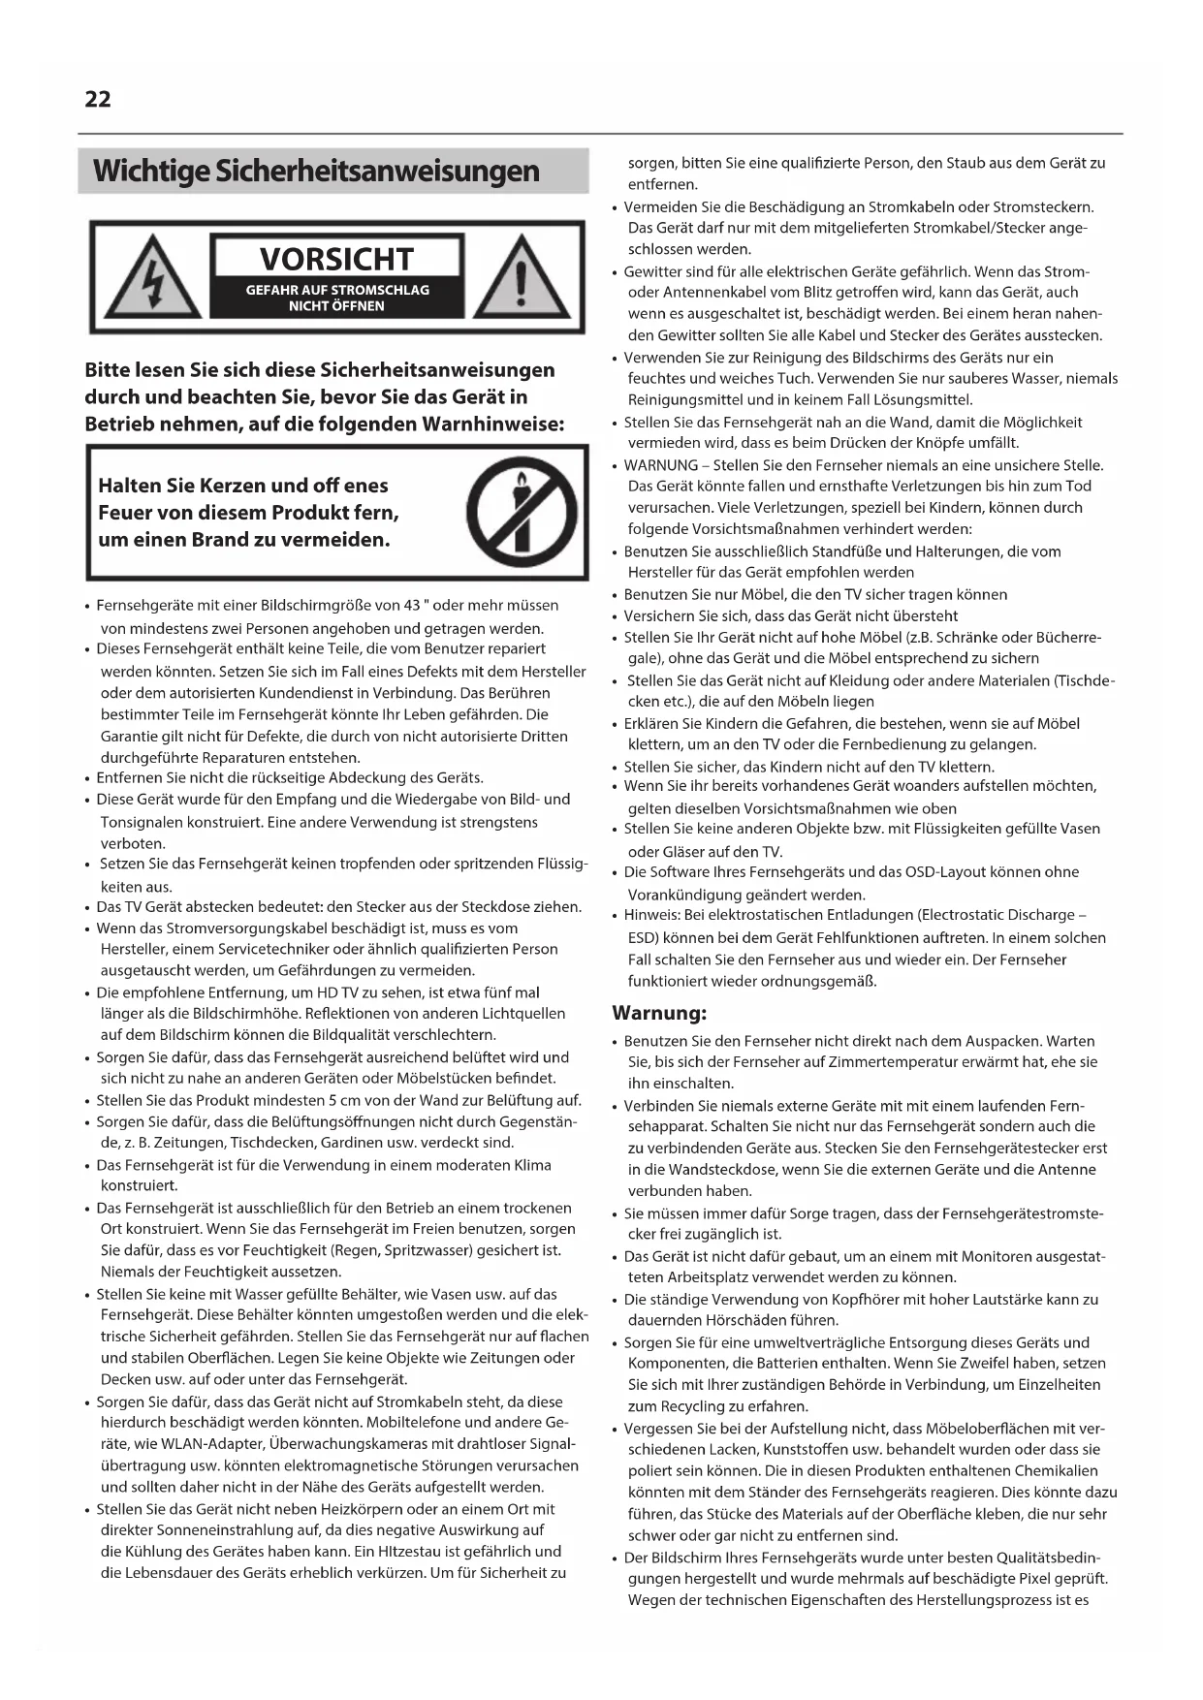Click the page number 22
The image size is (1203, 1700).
coord(98,99)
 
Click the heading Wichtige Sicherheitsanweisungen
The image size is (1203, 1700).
coord(316,171)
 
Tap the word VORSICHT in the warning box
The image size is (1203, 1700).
coord(336,259)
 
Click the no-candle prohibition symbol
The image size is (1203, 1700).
coord(522,512)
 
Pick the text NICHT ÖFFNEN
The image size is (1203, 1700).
coord(336,306)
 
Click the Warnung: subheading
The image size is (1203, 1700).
coord(659,1013)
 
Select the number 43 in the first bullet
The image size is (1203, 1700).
coord(411,606)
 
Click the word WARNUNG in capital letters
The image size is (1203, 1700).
coord(660,465)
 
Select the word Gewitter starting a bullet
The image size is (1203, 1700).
coord(654,271)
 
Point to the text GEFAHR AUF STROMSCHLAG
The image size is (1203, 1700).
coord(336,290)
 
